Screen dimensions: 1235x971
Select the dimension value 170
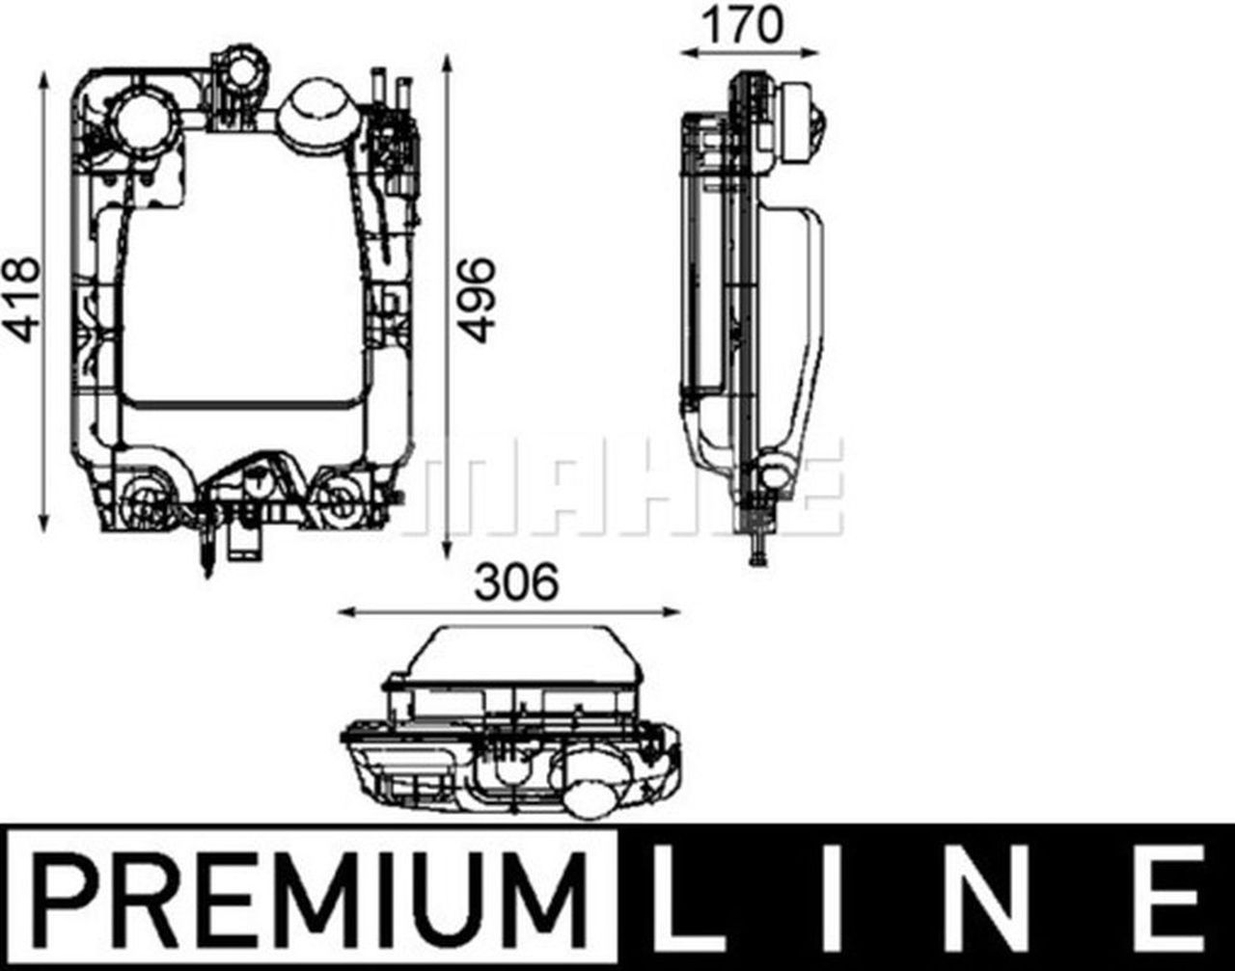coord(743,25)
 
